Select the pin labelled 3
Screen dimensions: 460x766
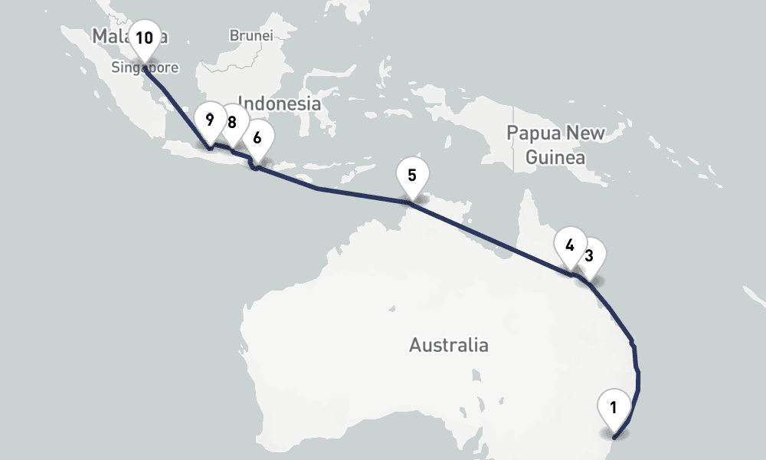589,256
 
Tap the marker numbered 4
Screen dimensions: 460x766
570,245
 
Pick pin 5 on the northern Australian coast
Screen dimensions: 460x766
412,175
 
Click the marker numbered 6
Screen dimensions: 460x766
257,138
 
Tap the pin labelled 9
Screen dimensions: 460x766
209,120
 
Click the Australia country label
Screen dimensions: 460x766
448,345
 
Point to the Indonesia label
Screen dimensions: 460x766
280,103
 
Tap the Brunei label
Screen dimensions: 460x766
250,35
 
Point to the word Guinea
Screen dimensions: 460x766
555,158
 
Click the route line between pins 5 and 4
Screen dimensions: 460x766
490,237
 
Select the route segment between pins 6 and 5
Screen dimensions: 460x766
360,195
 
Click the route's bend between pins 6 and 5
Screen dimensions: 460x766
316,187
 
